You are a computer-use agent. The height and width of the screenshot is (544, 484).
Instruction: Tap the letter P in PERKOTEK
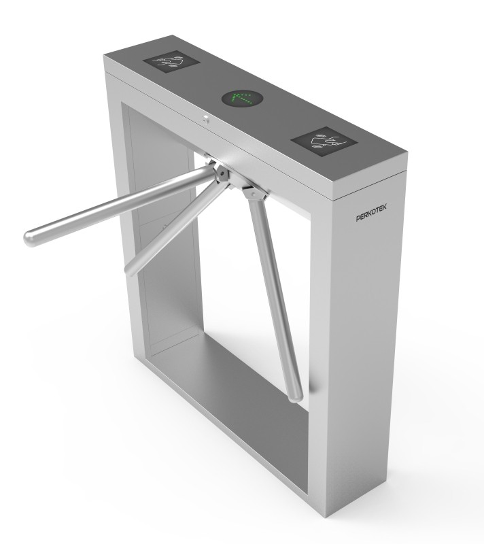pos(359,218)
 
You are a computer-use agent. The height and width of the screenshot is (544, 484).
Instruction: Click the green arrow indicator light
pos(242,100)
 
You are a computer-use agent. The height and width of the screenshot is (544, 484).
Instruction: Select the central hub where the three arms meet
pos(221,173)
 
